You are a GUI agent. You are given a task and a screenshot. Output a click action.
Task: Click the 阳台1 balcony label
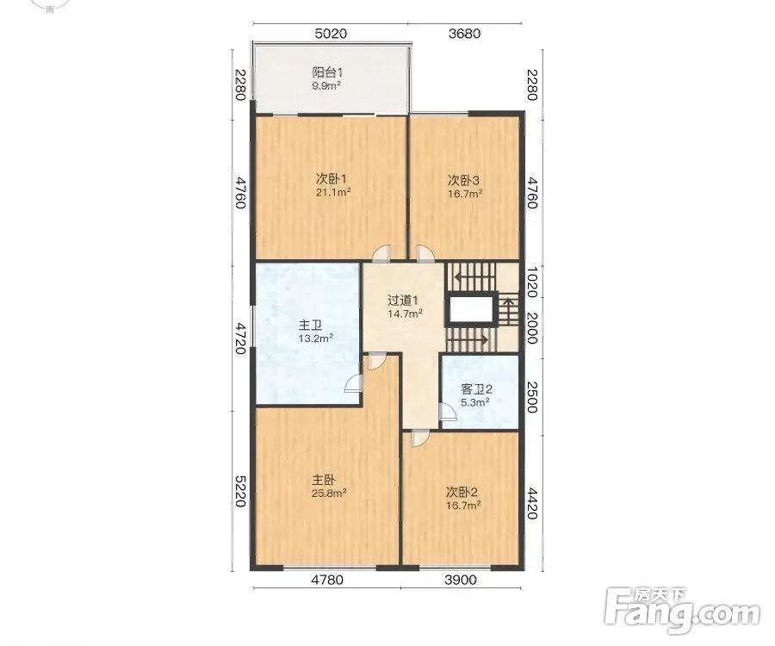click(328, 72)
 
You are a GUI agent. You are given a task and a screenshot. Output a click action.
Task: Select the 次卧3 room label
click(463, 179)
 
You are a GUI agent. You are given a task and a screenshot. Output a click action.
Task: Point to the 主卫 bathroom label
click(310, 326)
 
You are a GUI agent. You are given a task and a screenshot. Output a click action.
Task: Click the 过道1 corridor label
click(403, 301)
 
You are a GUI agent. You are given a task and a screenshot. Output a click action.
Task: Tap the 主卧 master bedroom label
click(324, 480)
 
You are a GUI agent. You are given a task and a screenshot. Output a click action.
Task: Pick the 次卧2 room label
click(462, 493)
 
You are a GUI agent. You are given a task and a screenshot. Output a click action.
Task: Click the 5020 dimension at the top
click(331, 34)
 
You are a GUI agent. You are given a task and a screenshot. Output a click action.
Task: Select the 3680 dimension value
click(464, 34)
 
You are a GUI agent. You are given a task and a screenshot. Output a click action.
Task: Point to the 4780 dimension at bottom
click(326, 580)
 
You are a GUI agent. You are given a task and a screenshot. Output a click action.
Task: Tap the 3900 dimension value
click(461, 580)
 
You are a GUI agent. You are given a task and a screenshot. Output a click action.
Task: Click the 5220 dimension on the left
click(240, 491)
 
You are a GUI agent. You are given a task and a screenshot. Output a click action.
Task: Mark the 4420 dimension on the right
click(532, 504)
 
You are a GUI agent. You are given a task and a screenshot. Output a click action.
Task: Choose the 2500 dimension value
click(532, 397)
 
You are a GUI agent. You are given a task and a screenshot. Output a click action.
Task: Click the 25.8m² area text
click(329, 493)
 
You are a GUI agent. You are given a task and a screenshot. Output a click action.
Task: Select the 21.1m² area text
click(333, 192)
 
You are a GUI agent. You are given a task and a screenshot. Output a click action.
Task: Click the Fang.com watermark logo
click(683, 611)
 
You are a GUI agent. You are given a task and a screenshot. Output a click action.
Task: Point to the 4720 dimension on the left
click(240, 339)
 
